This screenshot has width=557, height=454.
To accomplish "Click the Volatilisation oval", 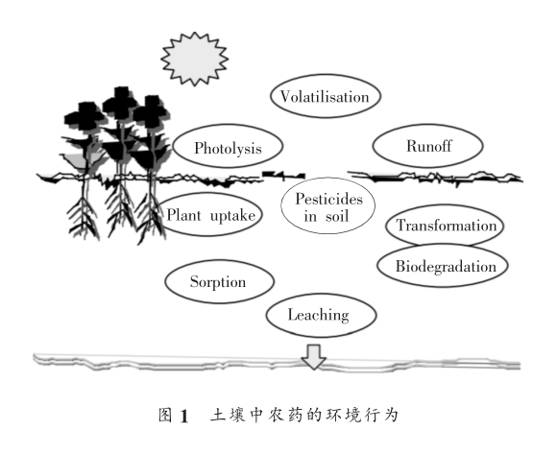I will [326, 97].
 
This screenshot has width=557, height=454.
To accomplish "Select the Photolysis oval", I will [231, 149].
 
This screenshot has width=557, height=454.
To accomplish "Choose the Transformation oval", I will [446, 227].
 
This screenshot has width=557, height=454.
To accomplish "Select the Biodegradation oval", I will [445, 265].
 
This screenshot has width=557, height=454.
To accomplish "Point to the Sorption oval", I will [218, 282].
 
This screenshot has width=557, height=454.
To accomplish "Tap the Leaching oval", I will [318, 314].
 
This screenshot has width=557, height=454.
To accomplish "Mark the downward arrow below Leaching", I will [313, 356].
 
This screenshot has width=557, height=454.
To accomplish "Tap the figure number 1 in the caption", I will [230, 416].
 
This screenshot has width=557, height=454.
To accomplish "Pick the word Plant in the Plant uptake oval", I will [186, 215].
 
